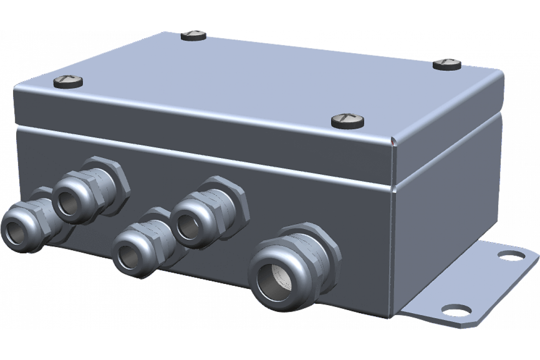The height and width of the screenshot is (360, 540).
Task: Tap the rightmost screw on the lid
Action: [x=447, y=64]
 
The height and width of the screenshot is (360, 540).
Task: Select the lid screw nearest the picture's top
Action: [x=193, y=36]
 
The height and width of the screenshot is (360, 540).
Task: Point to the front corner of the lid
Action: [x=393, y=141]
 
